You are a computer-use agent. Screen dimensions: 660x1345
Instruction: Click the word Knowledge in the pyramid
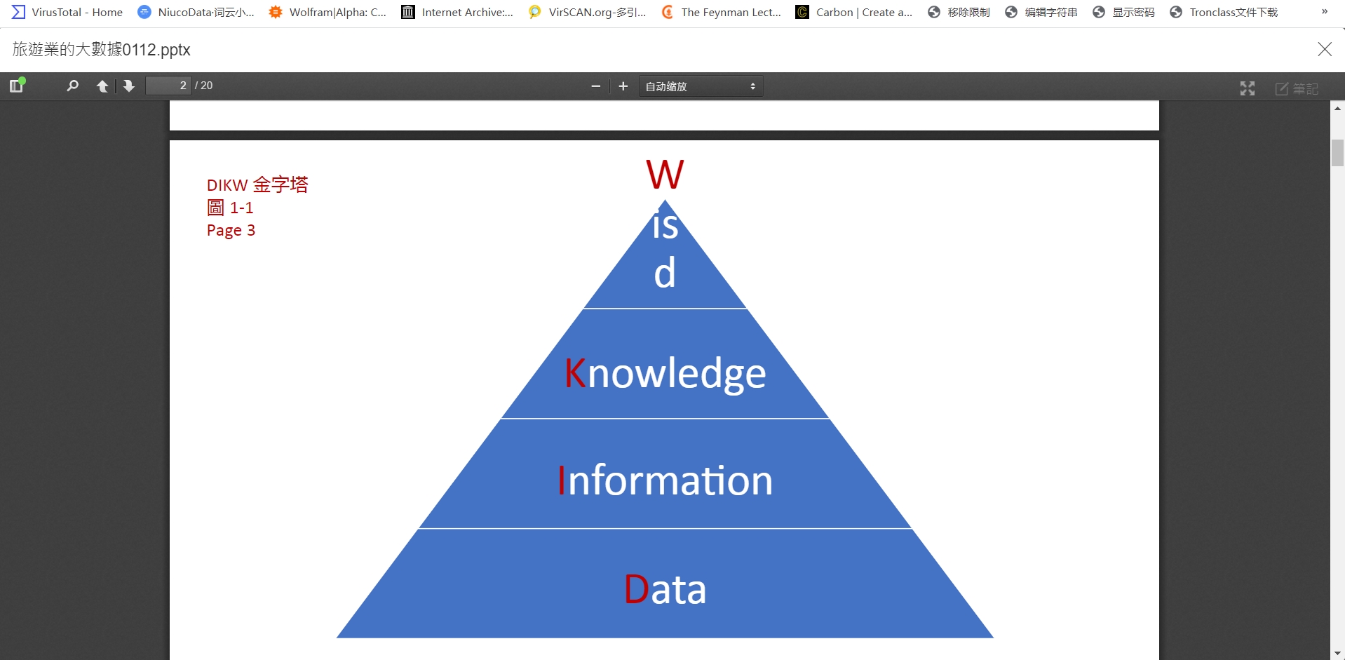click(665, 373)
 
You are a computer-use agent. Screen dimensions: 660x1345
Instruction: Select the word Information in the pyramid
click(665, 481)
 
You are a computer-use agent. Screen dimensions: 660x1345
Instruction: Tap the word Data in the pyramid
click(665, 589)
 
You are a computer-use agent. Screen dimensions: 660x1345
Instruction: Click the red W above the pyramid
click(664, 175)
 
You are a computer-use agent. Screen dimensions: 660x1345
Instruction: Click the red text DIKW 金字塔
click(257, 185)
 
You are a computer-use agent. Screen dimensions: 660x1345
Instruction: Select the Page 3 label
click(231, 230)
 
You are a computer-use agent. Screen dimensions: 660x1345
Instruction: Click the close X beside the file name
click(1324, 49)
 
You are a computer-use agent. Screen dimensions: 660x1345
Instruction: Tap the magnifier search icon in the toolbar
click(72, 86)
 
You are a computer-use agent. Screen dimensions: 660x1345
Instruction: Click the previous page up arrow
click(102, 86)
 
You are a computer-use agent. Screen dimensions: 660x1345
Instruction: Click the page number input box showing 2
click(168, 86)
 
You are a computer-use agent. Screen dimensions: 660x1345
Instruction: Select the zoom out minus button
click(596, 86)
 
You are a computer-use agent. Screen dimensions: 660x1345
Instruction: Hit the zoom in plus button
click(623, 86)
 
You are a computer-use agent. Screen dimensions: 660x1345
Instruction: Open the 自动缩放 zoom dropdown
click(700, 86)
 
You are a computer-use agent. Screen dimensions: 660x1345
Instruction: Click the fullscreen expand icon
click(1247, 88)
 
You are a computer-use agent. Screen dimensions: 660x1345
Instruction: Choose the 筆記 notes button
click(1297, 88)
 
